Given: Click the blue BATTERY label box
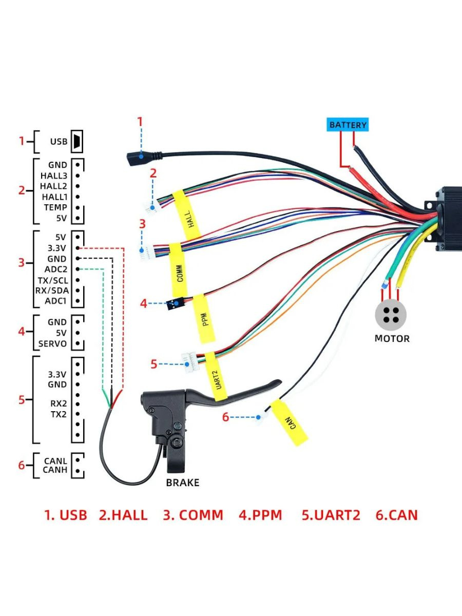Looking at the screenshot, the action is click(x=348, y=125).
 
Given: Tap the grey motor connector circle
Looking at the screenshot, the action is click(x=391, y=315).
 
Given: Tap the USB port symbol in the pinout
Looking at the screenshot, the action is click(x=77, y=142).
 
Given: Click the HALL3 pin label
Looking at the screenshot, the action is click(x=54, y=176).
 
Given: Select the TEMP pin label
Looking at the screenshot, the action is click(x=55, y=207).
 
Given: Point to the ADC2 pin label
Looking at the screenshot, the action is click(x=56, y=269).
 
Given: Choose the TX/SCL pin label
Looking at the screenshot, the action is click(x=53, y=280).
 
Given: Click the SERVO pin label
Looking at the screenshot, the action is click(x=53, y=344).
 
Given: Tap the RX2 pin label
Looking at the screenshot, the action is click(x=59, y=403).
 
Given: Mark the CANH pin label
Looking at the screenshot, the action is click(x=55, y=470).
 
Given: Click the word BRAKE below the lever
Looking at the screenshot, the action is click(x=183, y=483).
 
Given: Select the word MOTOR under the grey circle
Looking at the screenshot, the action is click(x=392, y=338).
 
